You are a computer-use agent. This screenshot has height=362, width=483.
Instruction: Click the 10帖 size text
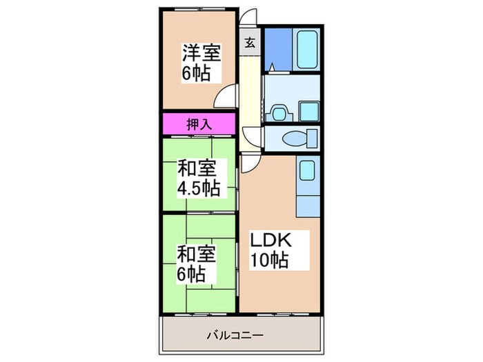269,261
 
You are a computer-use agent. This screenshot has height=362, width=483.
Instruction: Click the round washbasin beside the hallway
279,111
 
